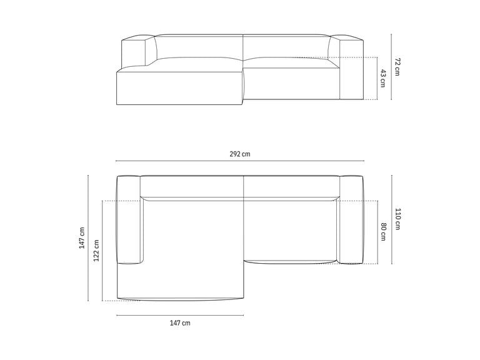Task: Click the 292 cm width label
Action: point(240,154)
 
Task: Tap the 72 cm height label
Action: point(397,67)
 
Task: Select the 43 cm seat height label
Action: point(383,78)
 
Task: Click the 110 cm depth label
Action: point(397,219)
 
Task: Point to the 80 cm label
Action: point(383,232)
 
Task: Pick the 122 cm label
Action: point(96,251)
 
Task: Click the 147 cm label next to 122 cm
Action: point(82,238)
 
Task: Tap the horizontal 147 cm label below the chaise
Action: point(180,323)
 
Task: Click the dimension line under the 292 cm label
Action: point(240,161)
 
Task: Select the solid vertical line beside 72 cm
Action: point(391,67)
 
